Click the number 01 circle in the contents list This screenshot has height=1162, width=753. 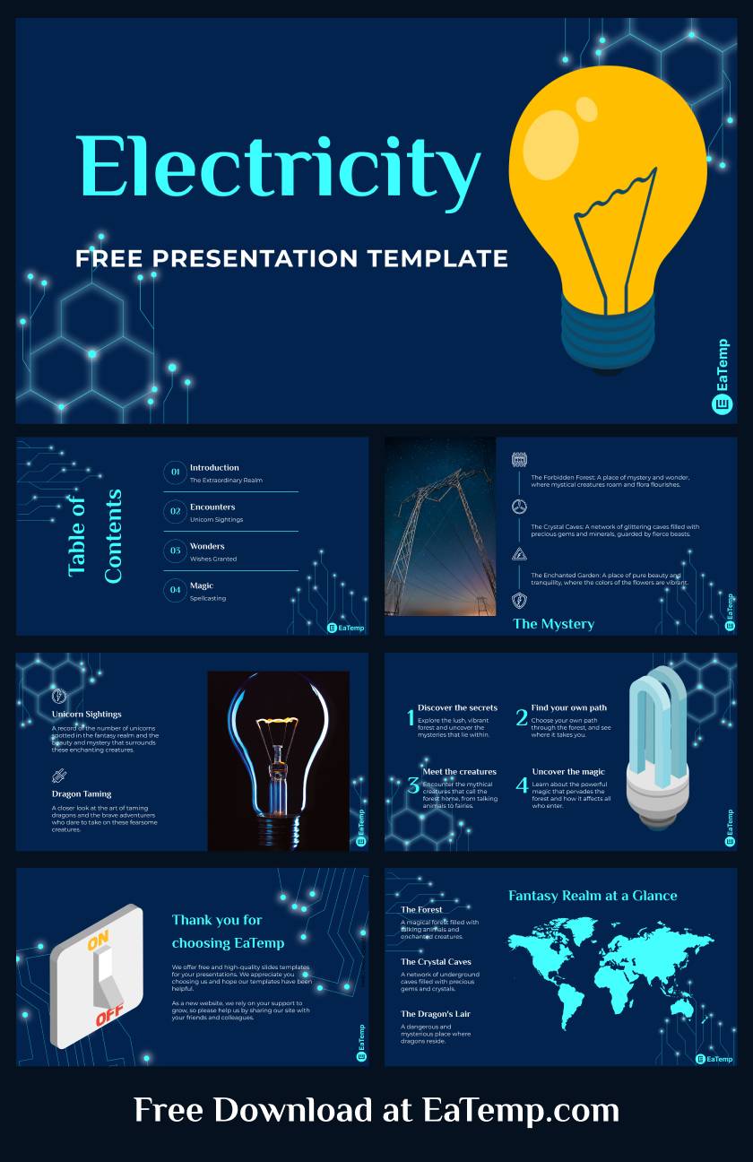[x=176, y=472]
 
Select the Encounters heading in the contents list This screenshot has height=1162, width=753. [x=212, y=507]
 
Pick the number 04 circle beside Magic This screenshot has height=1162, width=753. [x=176, y=589]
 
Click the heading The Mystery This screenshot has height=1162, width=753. [x=553, y=624]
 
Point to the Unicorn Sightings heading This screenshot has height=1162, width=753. [x=87, y=715]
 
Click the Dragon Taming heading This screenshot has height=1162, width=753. [x=82, y=793]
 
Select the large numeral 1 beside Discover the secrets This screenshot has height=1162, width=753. [x=411, y=718]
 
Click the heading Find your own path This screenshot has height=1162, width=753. [x=568, y=707]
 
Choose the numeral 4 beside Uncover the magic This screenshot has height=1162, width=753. [x=522, y=786]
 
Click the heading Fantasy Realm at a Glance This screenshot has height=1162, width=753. [x=593, y=896]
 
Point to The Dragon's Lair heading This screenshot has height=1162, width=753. [x=436, y=1014]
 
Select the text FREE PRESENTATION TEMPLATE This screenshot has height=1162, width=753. [x=291, y=258]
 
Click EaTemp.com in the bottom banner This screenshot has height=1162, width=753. [x=521, y=1110]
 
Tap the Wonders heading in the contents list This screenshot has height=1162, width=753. [x=207, y=546]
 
